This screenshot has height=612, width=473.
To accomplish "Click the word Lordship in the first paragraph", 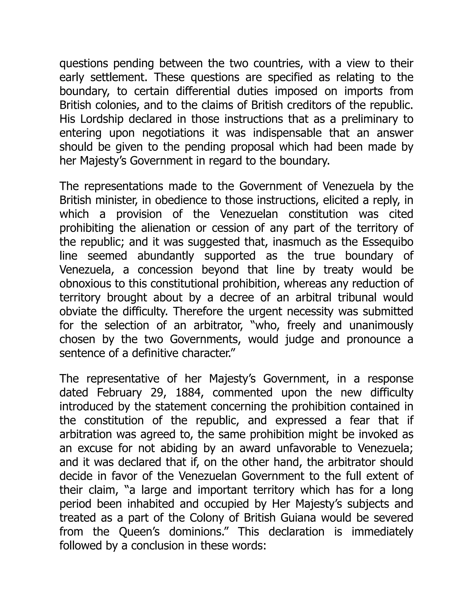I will pyautogui.click(x=102, y=119).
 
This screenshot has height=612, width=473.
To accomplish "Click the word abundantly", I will pyautogui.click(x=166, y=256).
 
